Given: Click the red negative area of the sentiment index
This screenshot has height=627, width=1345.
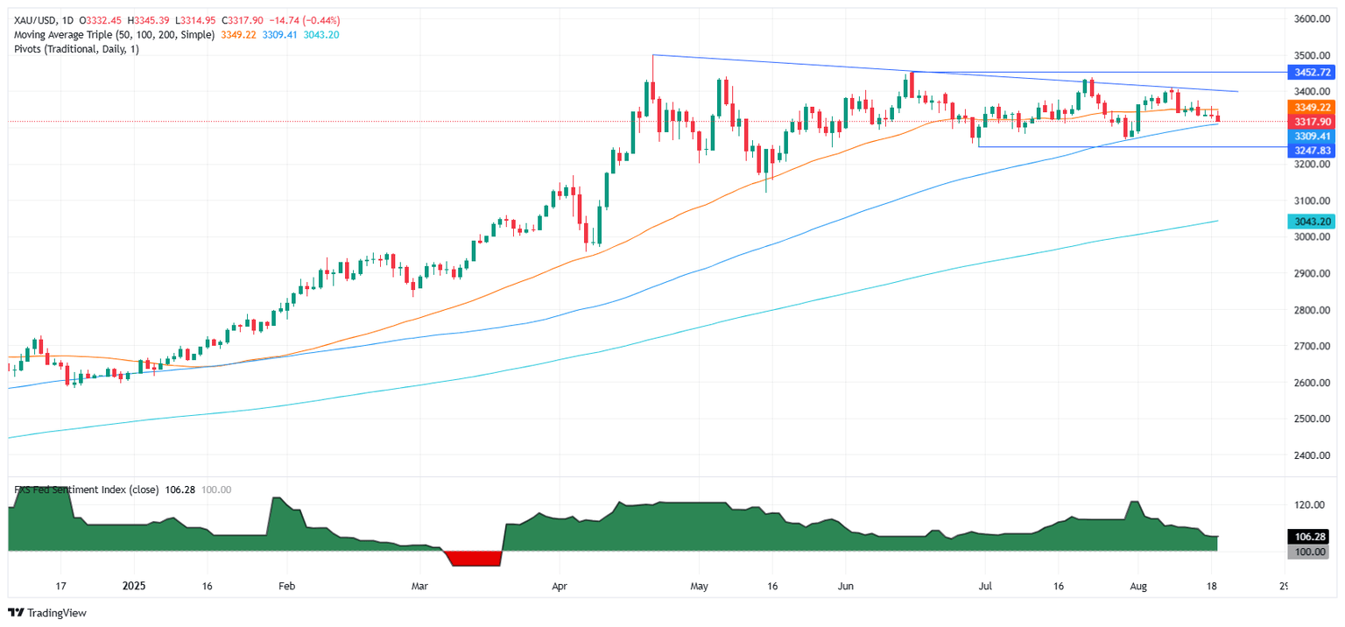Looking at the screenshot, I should (473, 559).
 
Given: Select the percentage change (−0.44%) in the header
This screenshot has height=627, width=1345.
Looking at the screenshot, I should (321, 20).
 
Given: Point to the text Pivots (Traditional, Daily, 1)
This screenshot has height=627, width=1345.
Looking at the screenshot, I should (77, 49).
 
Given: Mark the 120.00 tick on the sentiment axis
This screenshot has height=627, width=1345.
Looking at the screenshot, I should (1311, 505).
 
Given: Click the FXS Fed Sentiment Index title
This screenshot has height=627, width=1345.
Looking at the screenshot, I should (86, 490).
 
